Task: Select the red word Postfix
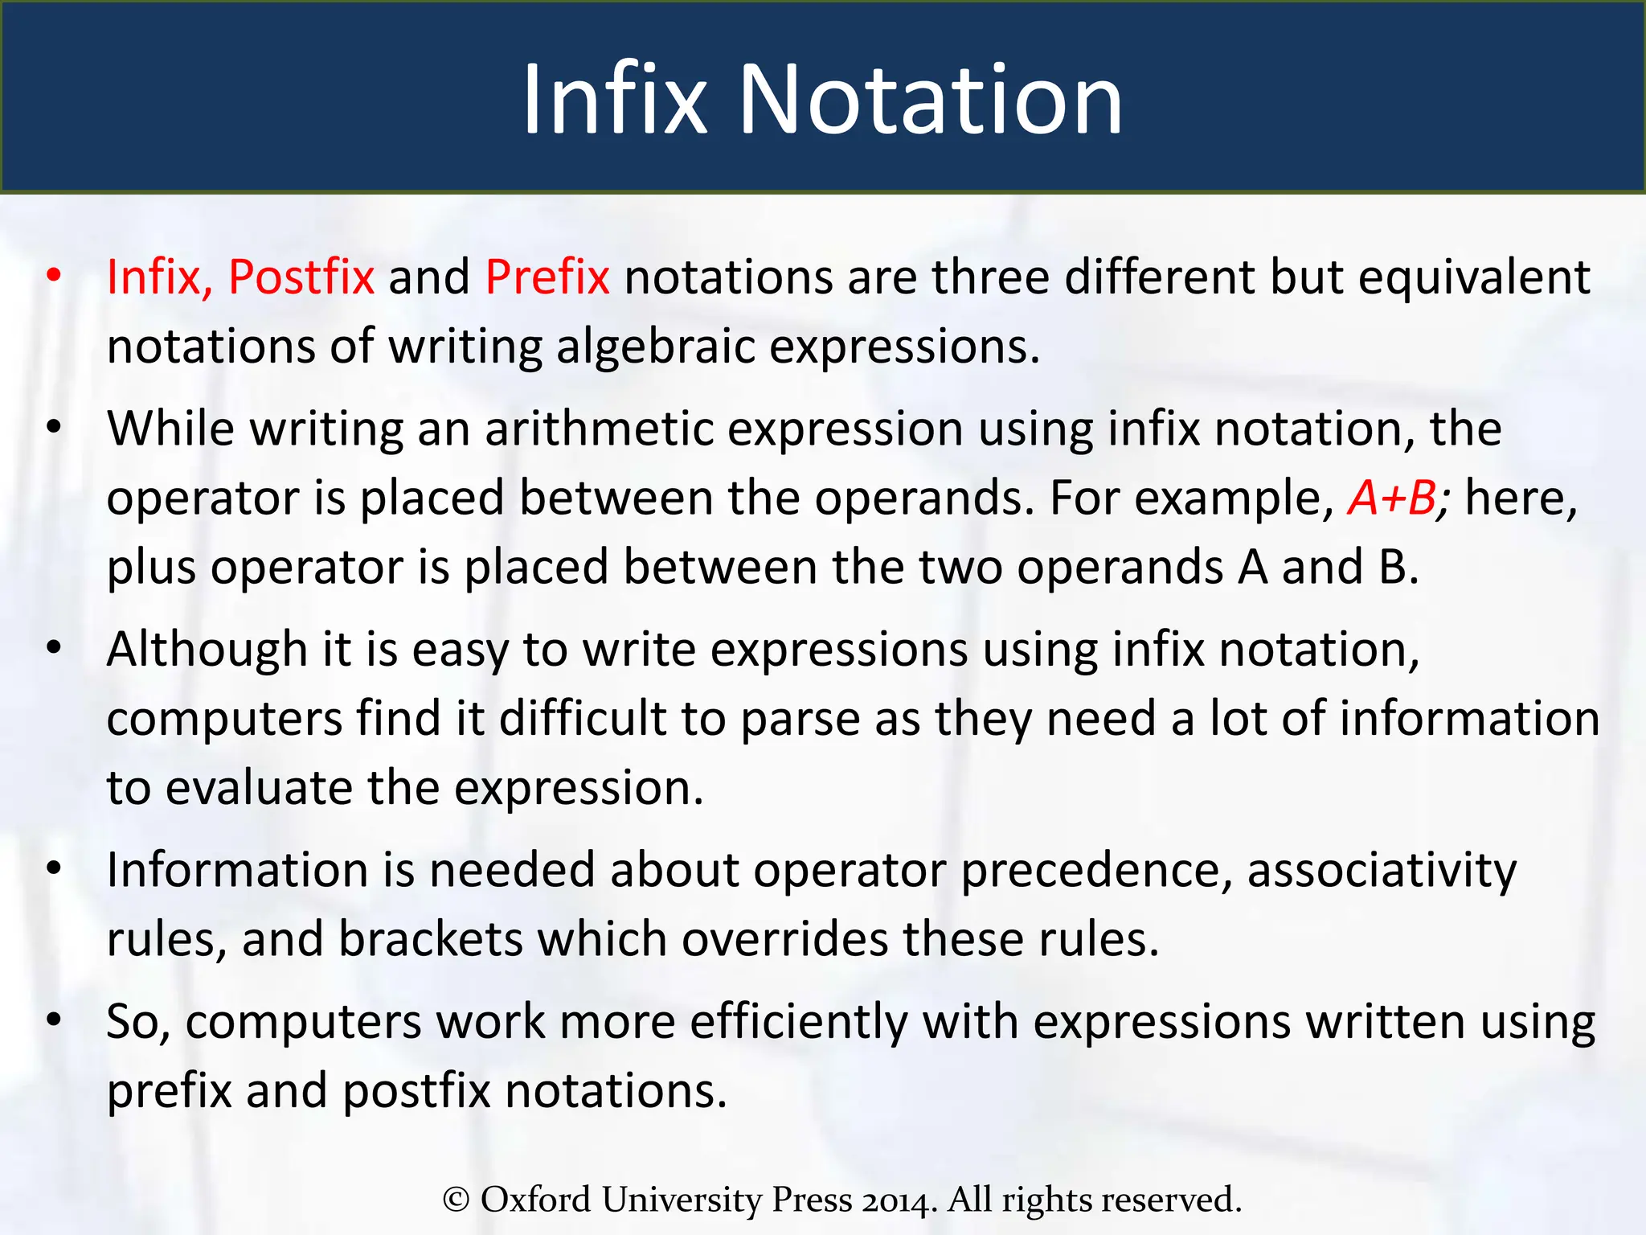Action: [301, 277]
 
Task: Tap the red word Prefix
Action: [547, 277]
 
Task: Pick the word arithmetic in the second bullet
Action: [599, 429]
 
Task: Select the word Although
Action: [207, 650]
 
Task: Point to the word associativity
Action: [1382, 870]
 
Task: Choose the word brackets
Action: [430, 939]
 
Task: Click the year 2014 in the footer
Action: [899, 1200]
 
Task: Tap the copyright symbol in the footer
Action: [456, 1200]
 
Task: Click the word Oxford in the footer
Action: [535, 1200]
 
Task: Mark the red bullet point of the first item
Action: [54, 276]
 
